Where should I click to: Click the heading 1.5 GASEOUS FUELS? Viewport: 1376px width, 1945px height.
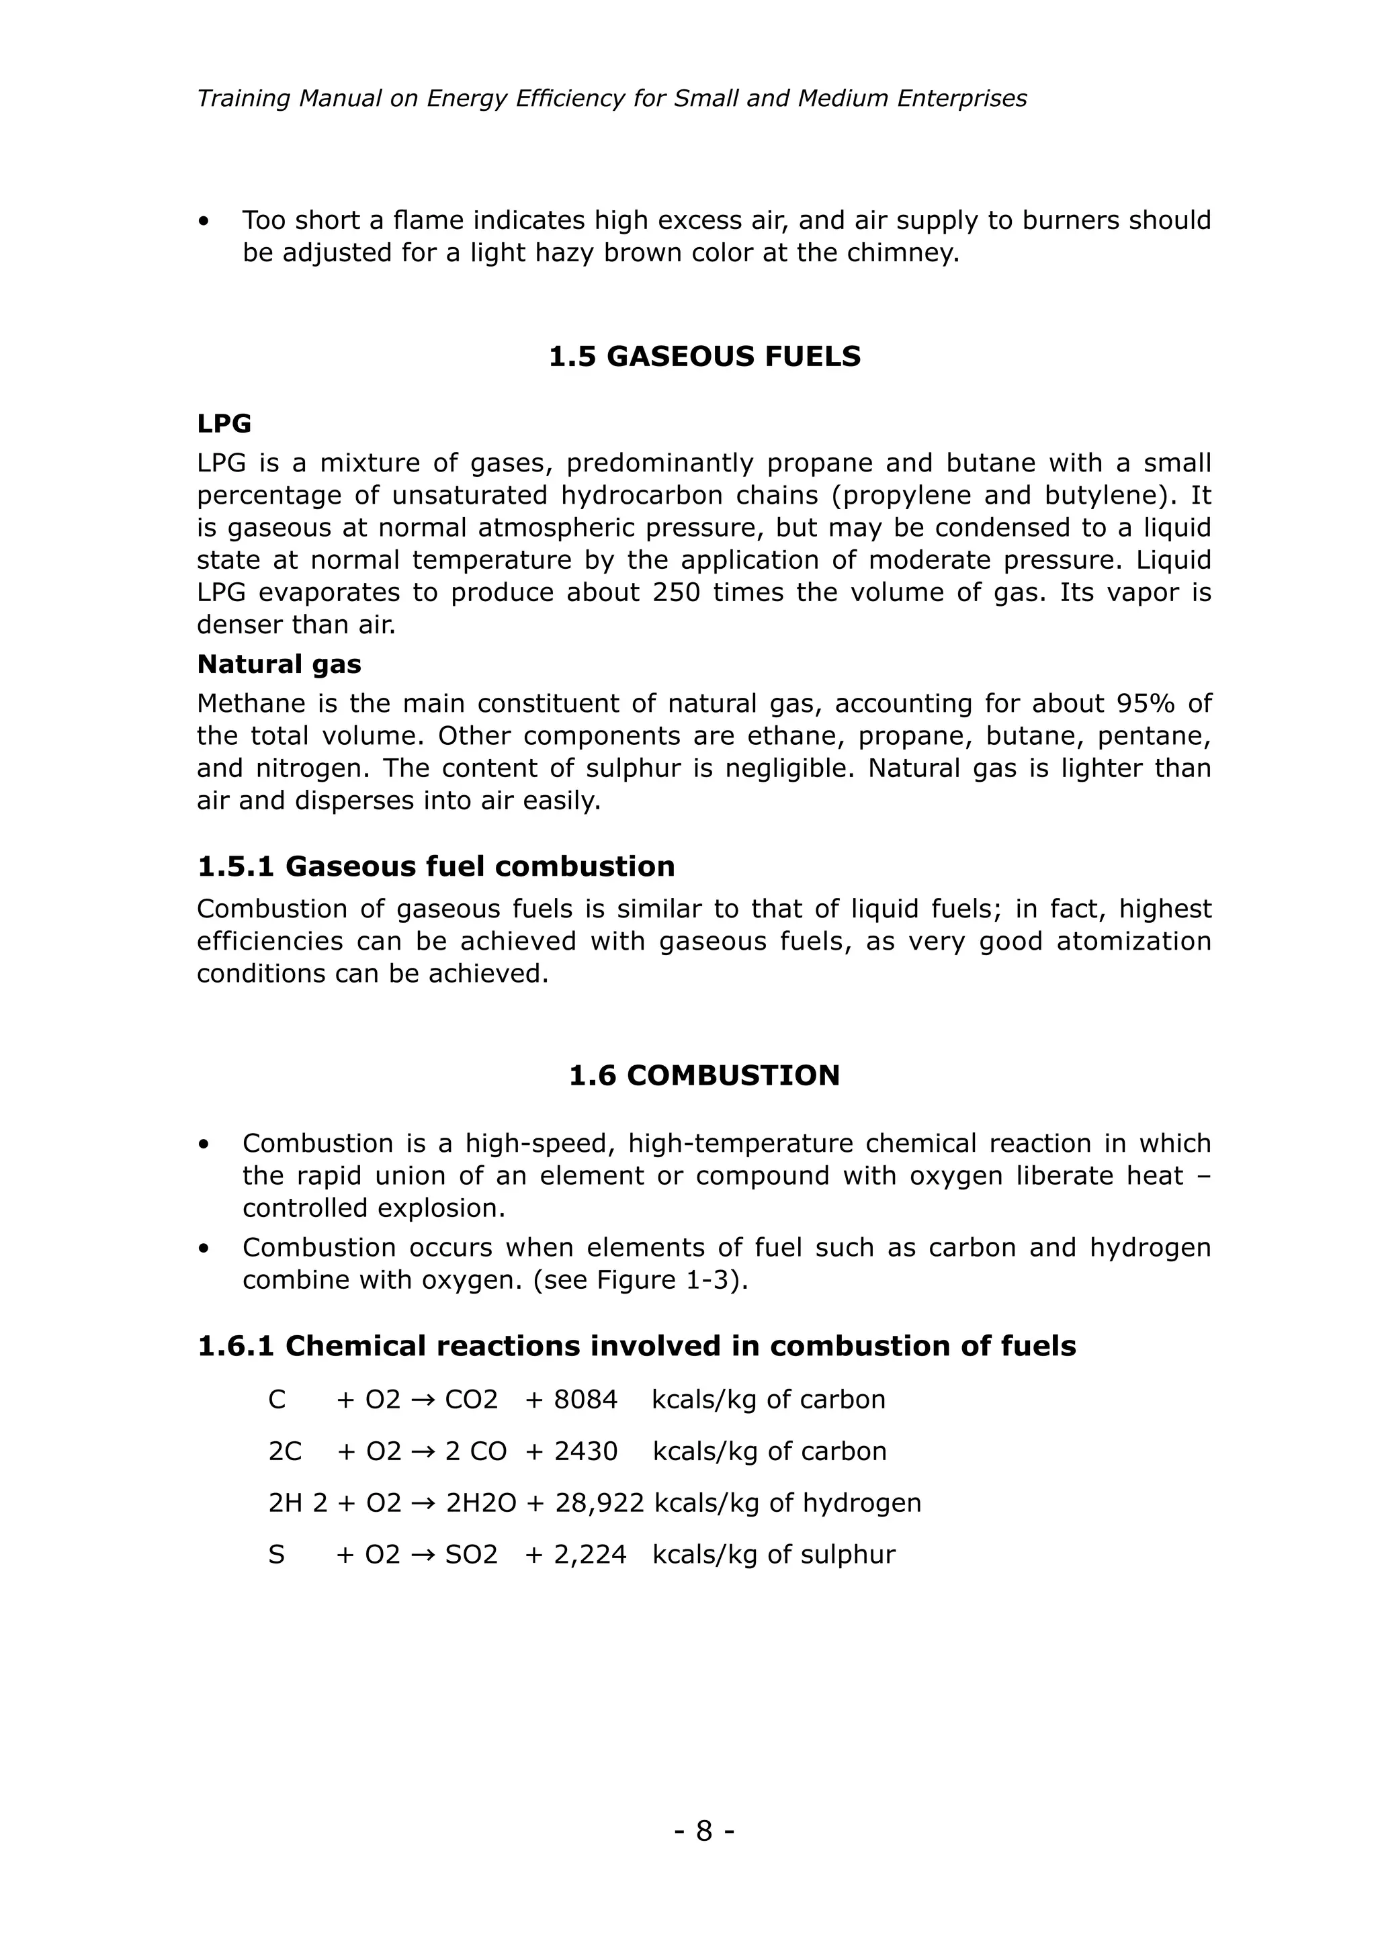click(704, 357)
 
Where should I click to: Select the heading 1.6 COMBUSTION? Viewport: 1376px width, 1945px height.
click(704, 1076)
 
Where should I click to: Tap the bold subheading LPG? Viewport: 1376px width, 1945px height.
click(224, 424)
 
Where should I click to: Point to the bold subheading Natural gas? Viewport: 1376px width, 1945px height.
click(279, 664)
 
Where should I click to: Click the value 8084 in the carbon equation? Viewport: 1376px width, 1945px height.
click(585, 1400)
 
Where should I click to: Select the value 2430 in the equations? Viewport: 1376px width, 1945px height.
click(585, 1451)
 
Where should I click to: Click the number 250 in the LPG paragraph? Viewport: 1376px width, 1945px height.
click(676, 592)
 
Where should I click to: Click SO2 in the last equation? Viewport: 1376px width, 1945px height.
click(471, 1555)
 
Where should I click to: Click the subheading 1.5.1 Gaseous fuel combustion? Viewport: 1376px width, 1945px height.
click(435, 866)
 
